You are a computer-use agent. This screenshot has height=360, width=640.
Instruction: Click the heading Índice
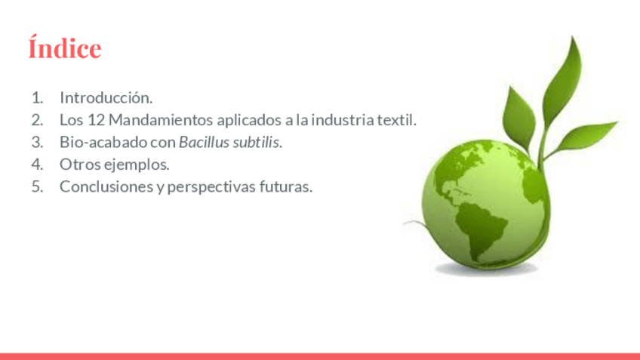(x=64, y=48)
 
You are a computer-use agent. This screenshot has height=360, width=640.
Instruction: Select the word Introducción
(x=106, y=97)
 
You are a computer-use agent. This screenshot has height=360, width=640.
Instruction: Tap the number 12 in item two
(x=97, y=120)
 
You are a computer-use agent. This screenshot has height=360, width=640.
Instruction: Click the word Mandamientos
(x=161, y=120)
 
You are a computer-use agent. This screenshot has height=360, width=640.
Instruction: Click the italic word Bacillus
(x=204, y=142)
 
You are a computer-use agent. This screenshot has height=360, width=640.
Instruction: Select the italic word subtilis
(x=257, y=142)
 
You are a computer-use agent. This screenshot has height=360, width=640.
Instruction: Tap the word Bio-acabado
(x=103, y=142)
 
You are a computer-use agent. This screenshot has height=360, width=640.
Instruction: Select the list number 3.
(x=37, y=142)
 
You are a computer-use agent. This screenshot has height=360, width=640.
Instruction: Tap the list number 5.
(x=37, y=186)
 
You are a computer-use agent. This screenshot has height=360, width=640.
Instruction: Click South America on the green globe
(x=481, y=229)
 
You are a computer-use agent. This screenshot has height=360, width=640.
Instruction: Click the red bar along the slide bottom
(x=320, y=356)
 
